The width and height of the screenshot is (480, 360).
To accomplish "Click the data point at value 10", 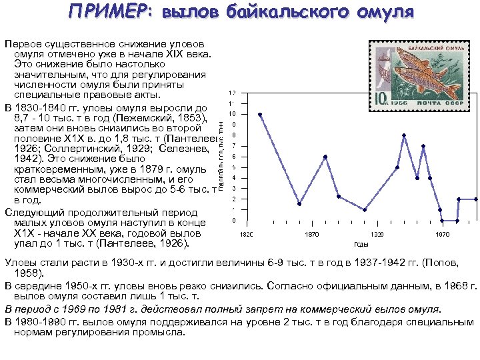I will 260,115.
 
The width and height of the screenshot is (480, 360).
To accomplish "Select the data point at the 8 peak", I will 405,135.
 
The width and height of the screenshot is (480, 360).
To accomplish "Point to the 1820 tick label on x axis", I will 246,234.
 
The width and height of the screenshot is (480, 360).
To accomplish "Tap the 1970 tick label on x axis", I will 443,234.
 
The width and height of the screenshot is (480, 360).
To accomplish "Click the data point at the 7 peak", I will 423,146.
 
